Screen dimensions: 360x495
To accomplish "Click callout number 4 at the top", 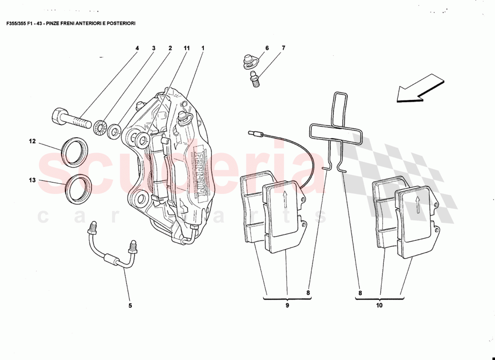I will click(137, 48).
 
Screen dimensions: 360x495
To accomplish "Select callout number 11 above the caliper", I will click(186, 48).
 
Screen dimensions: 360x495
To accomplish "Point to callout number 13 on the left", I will click(32, 180).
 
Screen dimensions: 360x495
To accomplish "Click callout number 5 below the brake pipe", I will click(130, 306).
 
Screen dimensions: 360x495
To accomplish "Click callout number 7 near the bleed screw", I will click(283, 48).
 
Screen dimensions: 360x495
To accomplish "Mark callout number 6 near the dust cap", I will click(267, 48).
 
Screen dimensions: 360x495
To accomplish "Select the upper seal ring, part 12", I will click(75, 153).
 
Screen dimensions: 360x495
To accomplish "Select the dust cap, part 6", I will click(248, 61).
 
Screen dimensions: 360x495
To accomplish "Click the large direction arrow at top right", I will click(420, 88).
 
